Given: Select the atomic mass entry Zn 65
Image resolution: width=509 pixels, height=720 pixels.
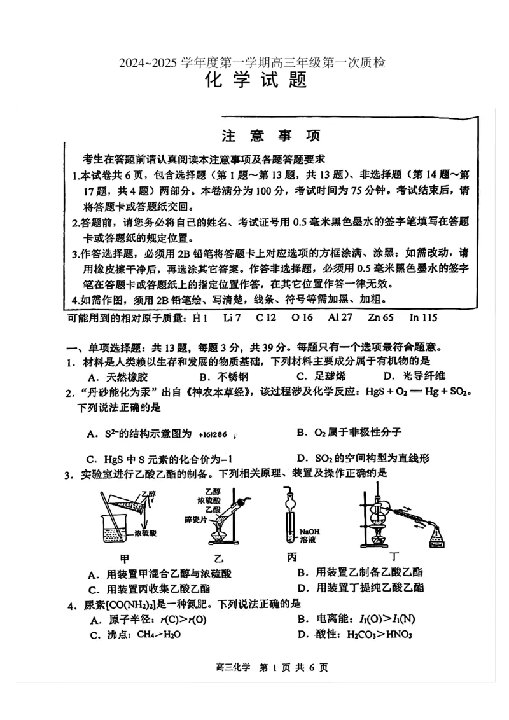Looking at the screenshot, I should pyautogui.click(x=380, y=317).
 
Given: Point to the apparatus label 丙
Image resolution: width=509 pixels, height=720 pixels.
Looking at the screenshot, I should pyautogui.click(x=292, y=557).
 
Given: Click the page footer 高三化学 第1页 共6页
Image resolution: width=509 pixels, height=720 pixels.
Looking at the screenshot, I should pyautogui.click(x=261, y=668).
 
